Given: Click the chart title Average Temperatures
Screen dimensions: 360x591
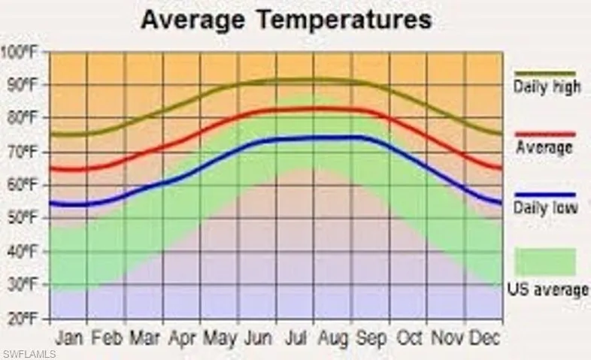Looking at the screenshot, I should [x=286, y=20].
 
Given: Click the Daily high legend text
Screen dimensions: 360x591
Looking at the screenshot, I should [x=547, y=87].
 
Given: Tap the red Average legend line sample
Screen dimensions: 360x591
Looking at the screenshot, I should [x=545, y=135].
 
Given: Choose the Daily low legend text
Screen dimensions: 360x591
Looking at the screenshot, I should [x=546, y=208].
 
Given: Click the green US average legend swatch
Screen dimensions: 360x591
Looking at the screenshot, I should [x=545, y=262].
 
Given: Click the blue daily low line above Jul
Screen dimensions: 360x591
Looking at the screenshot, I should [x=295, y=138].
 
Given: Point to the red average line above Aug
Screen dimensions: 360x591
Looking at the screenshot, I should [x=332, y=109].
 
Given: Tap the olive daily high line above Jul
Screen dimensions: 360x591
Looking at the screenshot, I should [x=295, y=80].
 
